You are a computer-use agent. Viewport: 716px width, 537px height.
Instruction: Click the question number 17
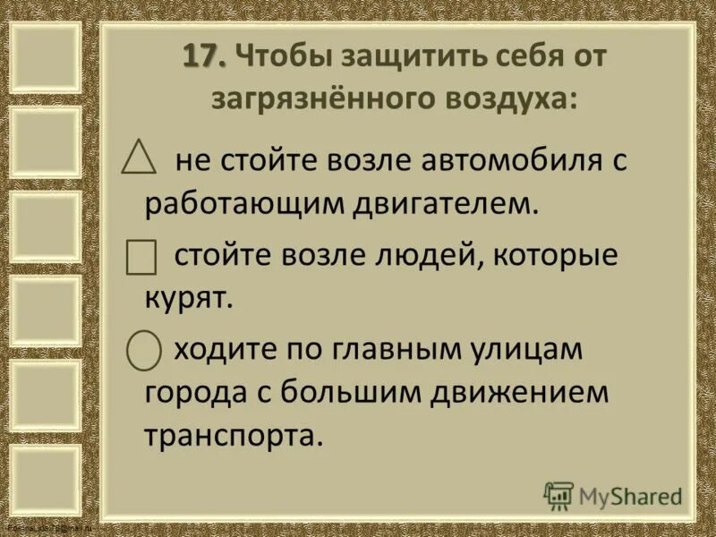pos(205,55)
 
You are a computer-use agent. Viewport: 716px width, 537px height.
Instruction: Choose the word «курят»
pos(187,297)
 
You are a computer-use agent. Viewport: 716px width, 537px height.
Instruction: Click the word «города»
pos(191,392)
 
